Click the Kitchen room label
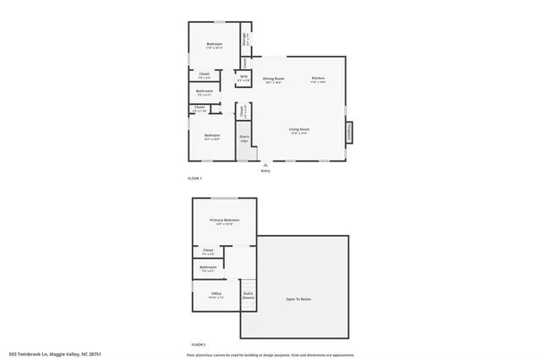pyautogui.click(x=317, y=79)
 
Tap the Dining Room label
pyautogui.click(x=274, y=79)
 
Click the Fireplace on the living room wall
pyautogui.click(x=347, y=133)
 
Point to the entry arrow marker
pyautogui.click(x=265, y=164)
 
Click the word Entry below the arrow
pyautogui.click(x=265, y=171)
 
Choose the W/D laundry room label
pyautogui.click(x=243, y=78)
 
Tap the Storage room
pyautogui.click(x=245, y=39)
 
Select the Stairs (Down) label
pyautogui.click(x=249, y=296)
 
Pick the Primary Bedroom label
pyautogui.click(x=225, y=221)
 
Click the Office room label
pyautogui.click(x=216, y=295)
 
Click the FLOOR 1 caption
pyautogui.click(x=194, y=178)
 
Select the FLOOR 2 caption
pyautogui.click(x=199, y=345)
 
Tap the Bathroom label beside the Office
pyautogui.click(x=209, y=269)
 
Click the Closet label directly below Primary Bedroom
pyautogui.click(x=209, y=251)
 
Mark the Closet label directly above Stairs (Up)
pyautogui.click(x=242, y=110)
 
